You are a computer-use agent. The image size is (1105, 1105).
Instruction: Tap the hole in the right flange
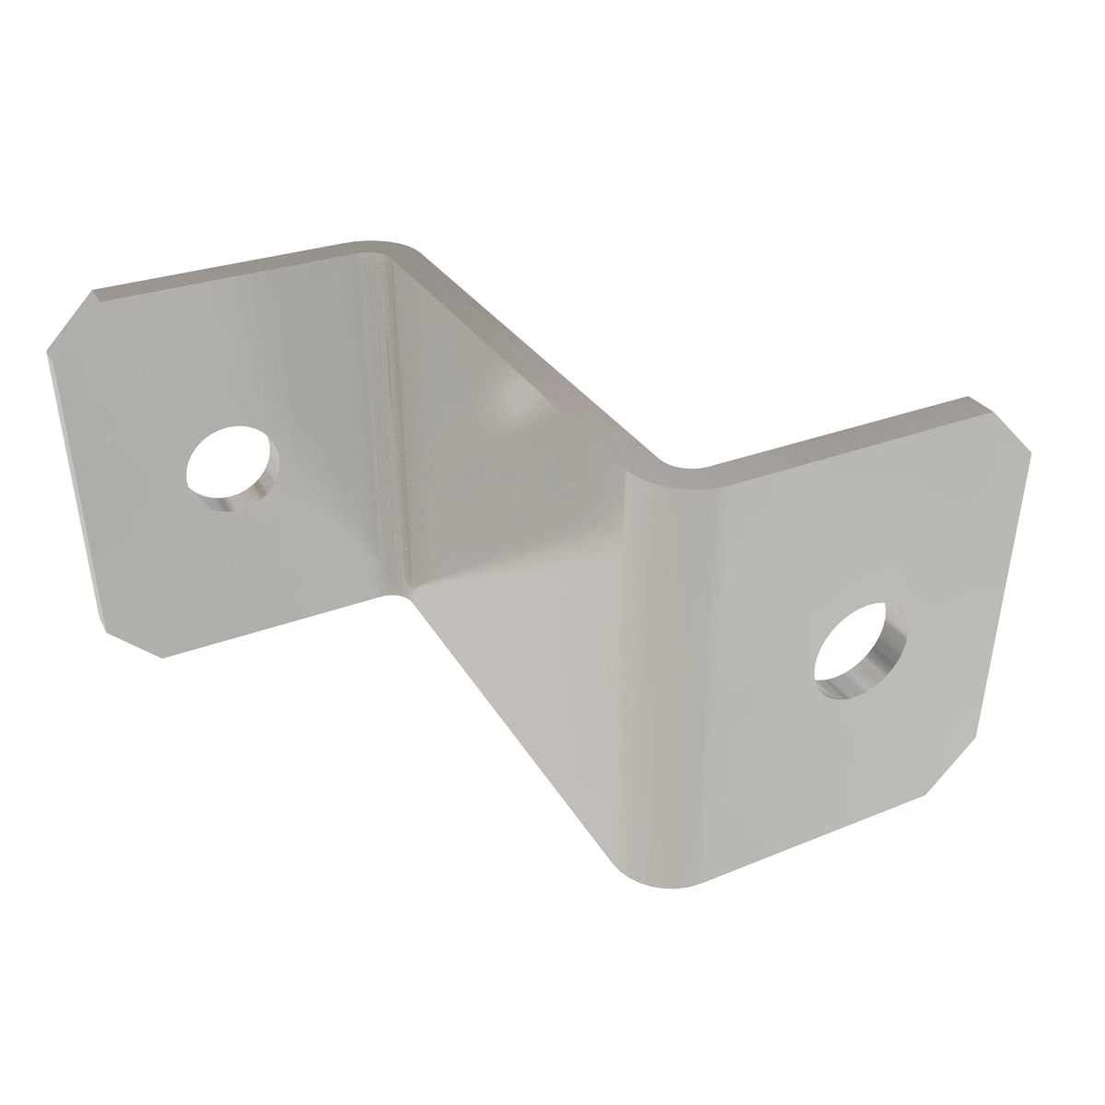(x=856, y=644)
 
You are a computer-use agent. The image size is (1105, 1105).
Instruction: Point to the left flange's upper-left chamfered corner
(x=69, y=319)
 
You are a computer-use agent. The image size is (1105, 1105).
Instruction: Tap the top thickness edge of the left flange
(x=221, y=268)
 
